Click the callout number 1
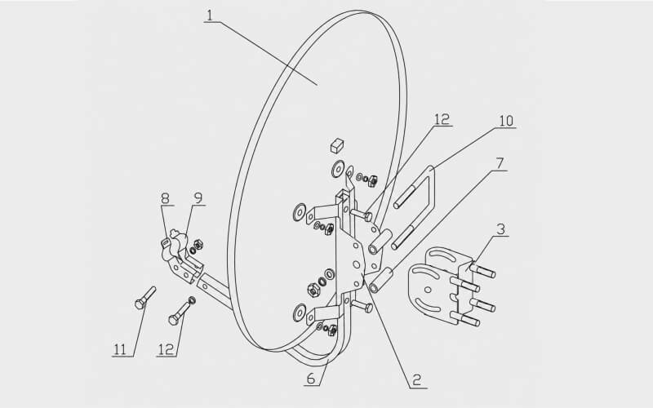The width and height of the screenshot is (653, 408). (x=210, y=16)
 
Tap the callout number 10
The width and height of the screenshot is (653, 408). (x=506, y=121)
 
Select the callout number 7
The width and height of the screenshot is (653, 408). (x=500, y=164)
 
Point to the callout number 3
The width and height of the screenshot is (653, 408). (x=501, y=229)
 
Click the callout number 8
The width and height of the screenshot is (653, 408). (x=166, y=198)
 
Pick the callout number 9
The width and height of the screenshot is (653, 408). (x=198, y=198)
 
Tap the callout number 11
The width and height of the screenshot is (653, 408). (x=120, y=349)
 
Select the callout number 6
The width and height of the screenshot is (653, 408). (x=311, y=379)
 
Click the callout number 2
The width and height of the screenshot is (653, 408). (x=417, y=380)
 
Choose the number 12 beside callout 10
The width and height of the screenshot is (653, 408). (x=442, y=119)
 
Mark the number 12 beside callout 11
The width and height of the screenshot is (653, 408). (x=167, y=349)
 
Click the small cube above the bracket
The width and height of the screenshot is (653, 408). (x=337, y=145)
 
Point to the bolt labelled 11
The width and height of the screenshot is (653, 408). (x=145, y=298)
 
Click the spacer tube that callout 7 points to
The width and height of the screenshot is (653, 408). (x=380, y=281)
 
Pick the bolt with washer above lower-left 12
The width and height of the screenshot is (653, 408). (x=182, y=311)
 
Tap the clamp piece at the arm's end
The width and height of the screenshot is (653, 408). (x=180, y=256)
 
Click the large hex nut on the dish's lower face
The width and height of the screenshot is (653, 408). (x=313, y=290)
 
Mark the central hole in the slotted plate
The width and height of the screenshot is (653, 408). (x=428, y=290)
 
